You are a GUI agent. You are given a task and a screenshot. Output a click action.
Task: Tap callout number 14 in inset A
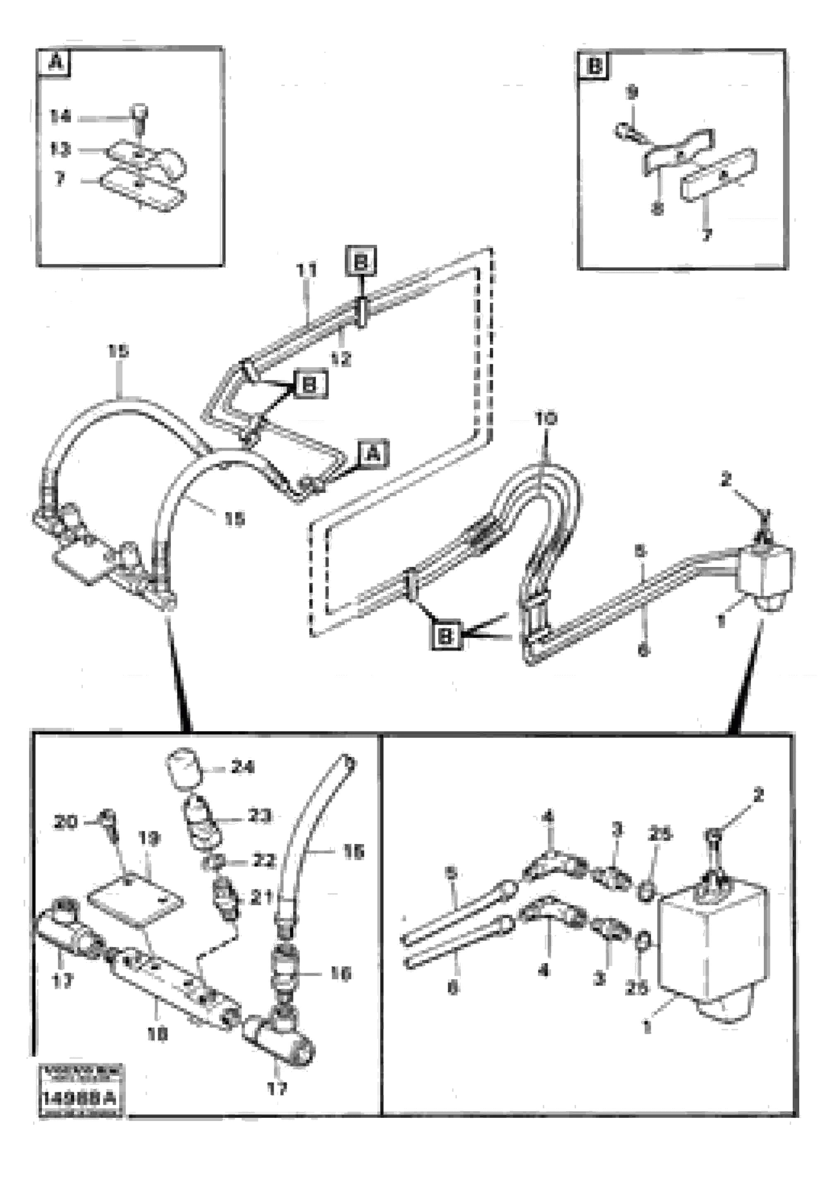tap(60, 117)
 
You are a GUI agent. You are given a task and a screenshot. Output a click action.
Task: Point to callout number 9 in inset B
tap(631, 93)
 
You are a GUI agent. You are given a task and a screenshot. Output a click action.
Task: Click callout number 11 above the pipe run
tap(307, 270)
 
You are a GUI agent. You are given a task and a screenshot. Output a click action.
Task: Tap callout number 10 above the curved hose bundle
tap(546, 419)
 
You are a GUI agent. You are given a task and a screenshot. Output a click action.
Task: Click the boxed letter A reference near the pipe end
tap(374, 453)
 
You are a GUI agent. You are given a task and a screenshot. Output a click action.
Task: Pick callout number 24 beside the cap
tap(242, 767)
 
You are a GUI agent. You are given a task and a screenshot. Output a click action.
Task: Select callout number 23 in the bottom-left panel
tap(259, 815)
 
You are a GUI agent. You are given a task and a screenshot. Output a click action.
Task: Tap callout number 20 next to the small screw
tap(65, 823)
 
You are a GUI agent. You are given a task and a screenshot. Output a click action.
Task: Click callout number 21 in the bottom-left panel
tap(260, 897)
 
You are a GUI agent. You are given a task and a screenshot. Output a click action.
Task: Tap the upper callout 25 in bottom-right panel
tap(659, 835)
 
